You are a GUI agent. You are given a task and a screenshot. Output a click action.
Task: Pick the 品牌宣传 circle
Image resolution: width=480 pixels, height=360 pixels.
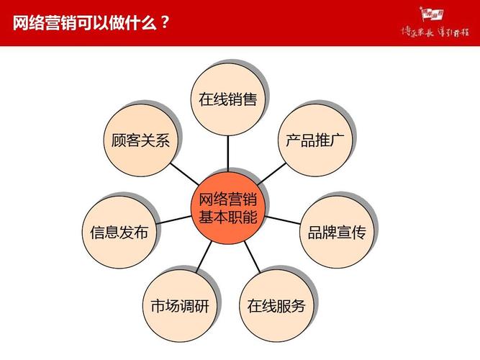(336, 232)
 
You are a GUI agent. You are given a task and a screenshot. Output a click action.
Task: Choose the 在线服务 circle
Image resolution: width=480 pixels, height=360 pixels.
(276, 305)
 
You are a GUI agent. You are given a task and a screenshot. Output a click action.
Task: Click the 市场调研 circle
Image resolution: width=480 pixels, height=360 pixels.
(179, 305)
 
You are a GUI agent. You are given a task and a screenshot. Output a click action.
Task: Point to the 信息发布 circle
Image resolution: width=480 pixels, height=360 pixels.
(119, 232)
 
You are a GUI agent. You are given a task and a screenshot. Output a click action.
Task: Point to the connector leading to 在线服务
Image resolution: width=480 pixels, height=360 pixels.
(251, 256)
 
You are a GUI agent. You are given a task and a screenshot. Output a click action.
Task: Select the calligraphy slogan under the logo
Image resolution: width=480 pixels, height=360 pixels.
(434, 32)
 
